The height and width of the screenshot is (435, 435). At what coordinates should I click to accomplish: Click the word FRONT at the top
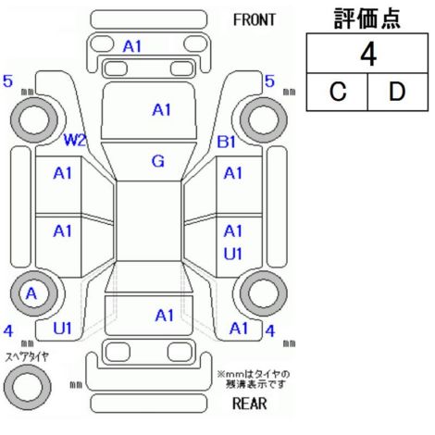(254, 20)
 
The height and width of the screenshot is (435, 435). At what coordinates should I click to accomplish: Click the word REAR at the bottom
(249, 404)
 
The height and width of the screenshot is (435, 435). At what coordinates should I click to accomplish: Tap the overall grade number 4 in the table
(368, 55)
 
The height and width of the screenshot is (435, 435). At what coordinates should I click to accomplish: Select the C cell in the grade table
(338, 92)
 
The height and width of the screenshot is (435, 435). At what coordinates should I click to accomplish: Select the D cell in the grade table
(397, 92)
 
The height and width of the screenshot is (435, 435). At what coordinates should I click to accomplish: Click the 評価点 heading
(367, 19)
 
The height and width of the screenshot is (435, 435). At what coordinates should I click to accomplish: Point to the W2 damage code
(74, 141)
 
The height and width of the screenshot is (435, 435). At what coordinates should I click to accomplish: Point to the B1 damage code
(227, 142)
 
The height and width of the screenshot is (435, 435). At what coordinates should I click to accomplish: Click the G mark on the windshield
(158, 161)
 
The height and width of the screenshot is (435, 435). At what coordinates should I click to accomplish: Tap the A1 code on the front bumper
(132, 47)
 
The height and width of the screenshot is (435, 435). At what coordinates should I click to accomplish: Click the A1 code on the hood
(161, 110)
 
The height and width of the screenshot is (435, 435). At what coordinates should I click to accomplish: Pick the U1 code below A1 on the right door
(232, 255)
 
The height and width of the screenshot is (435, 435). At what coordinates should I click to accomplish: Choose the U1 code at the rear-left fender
(62, 329)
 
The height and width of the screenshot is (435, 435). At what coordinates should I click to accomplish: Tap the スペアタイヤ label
(27, 357)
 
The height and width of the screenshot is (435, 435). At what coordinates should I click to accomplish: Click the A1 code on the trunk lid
(165, 316)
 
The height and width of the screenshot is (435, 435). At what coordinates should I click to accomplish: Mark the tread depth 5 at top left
(7, 81)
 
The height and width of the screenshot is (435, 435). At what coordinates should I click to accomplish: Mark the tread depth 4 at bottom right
(270, 331)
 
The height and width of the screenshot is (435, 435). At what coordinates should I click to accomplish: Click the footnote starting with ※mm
(254, 379)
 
